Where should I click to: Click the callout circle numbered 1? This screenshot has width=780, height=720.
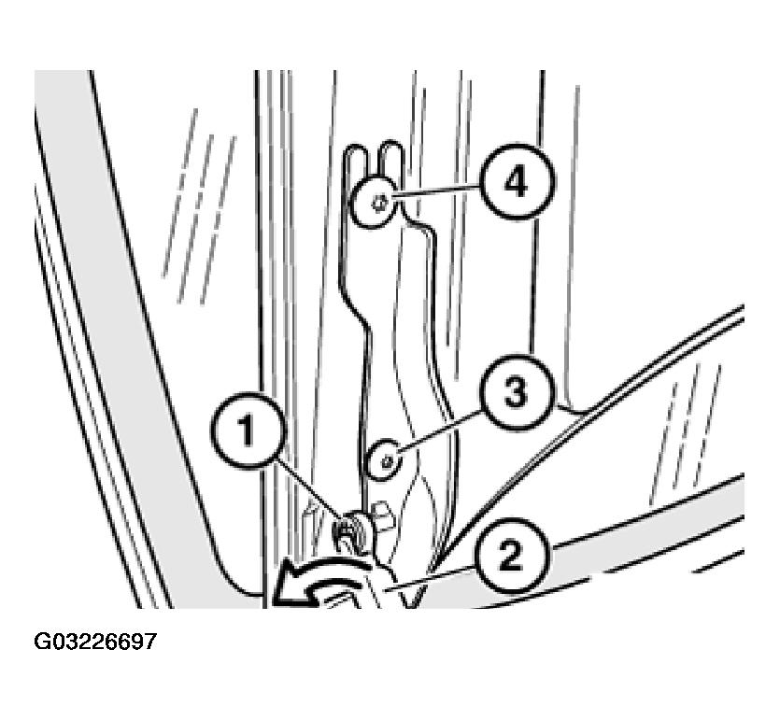click(x=248, y=431)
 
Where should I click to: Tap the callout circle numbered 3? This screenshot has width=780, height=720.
click(x=517, y=392)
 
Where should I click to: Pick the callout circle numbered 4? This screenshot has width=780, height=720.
click(x=517, y=182)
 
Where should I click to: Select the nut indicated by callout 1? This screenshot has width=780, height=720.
click(x=351, y=530)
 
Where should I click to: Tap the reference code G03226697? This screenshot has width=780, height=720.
click(x=95, y=642)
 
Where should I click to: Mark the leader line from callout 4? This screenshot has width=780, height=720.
click(x=436, y=192)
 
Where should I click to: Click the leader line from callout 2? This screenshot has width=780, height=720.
click(x=431, y=580)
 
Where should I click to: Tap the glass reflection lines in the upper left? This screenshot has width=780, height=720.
click(x=200, y=205)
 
